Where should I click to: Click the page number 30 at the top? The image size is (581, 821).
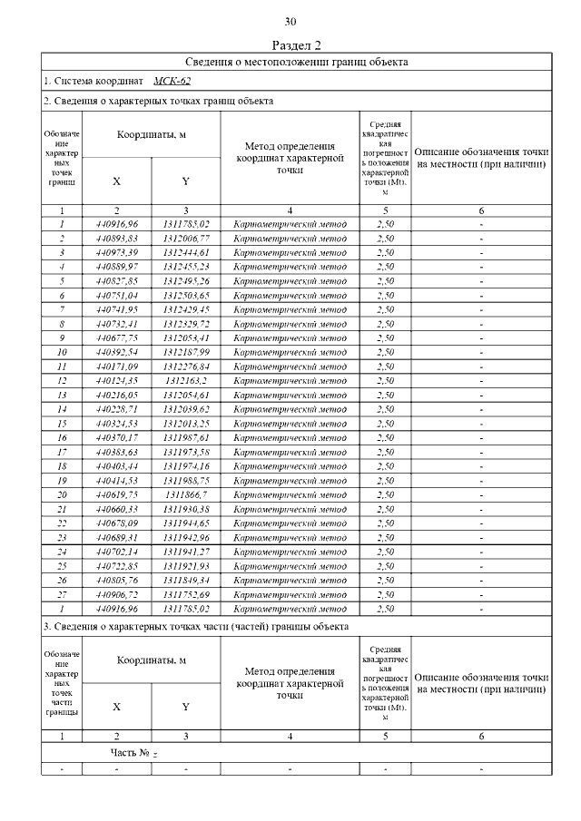290,22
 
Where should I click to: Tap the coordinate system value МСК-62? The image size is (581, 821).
172,82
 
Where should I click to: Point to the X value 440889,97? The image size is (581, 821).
116,267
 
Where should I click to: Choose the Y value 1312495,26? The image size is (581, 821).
186,281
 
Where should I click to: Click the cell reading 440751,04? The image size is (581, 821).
116,296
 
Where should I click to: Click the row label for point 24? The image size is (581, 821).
62,551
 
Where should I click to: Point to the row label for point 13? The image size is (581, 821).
62,395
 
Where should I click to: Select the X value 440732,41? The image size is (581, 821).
116,324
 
